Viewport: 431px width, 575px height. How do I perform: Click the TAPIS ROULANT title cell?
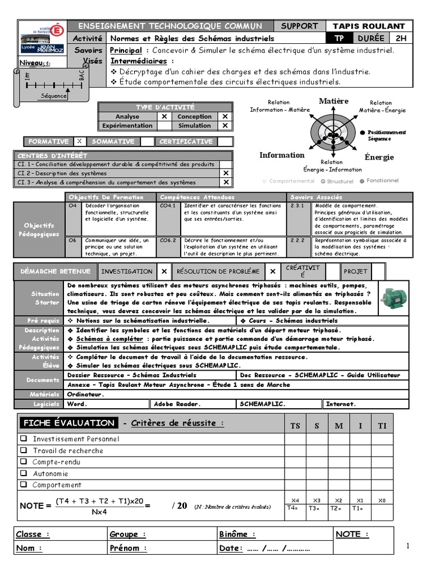pos(376,26)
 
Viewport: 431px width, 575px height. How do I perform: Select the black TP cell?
pos(340,38)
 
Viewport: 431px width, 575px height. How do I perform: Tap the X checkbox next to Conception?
pos(225,117)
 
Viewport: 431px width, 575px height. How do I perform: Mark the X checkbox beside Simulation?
pos(225,126)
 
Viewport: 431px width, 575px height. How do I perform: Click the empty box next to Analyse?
pos(164,117)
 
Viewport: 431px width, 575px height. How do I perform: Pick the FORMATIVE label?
pos(48,142)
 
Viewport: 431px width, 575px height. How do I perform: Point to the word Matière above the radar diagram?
pos(334,101)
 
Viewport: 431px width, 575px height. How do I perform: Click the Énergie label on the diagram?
pos(379,157)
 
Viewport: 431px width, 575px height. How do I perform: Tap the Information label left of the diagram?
pos(282,156)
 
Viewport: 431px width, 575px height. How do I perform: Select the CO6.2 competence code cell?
pos(168,240)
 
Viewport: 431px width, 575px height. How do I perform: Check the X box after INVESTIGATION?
pos(164,271)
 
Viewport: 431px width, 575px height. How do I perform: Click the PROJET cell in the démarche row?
pos(355,271)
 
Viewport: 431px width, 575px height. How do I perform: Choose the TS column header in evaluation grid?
pos(295,426)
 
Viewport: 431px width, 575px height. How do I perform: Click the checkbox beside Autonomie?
pos(24,473)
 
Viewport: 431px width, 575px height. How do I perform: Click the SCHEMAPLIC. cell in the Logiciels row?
pos(263,404)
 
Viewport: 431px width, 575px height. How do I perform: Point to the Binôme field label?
pos(237,535)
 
